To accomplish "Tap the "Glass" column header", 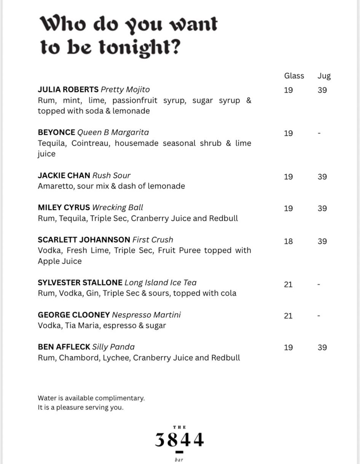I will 294,76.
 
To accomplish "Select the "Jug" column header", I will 324,76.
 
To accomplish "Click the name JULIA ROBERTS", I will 68,90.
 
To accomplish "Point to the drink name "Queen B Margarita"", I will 113,132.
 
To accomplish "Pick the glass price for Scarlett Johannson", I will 288,241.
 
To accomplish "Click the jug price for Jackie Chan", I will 322,177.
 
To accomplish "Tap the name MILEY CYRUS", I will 64,208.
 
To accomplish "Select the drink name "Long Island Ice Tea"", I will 161,283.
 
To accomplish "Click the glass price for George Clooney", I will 288,316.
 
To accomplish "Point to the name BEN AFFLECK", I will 64,347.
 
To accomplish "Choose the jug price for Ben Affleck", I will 322,348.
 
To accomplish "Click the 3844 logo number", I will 179,440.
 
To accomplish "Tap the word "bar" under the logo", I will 179,459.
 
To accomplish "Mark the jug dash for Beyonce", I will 319,133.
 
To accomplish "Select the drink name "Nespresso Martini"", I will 146,315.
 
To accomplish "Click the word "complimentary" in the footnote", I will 119,399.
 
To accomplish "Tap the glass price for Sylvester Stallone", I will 288,284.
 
